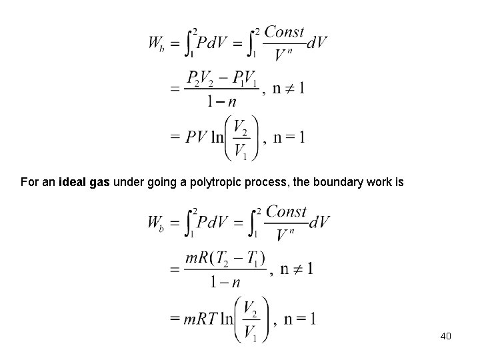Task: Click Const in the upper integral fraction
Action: pyautogui.click(x=285, y=32)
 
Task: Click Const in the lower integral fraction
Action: pyautogui.click(x=286, y=212)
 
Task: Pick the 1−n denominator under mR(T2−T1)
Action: pyautogui.click(x=225, y=282)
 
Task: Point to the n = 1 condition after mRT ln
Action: pyautogui.click(x=299, y=319)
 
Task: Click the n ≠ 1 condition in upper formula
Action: pyautogui.click(x=288, y=89)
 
